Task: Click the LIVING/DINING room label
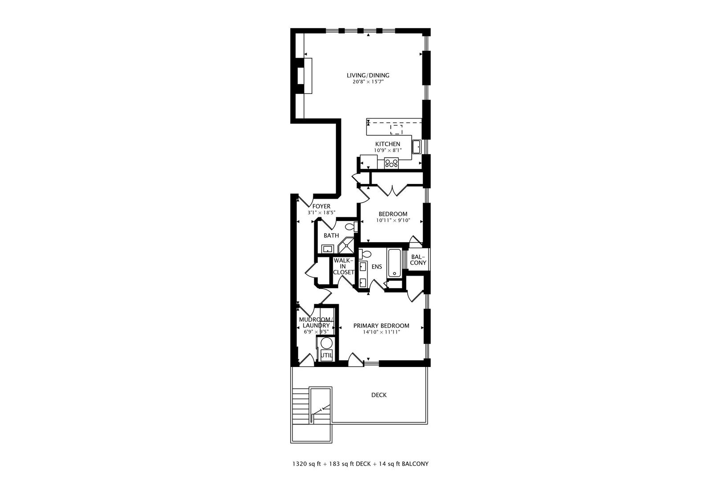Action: click(368, 75)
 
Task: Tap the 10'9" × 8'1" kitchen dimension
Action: click(387, 151)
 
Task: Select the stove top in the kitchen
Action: click(391, 163)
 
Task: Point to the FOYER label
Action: click(321, 206)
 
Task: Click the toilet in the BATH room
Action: click(351, 227)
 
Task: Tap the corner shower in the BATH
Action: click(346, 246)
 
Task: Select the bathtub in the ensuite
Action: click(394, 263)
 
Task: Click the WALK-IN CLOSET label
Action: click(343, 266)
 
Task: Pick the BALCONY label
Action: click(418, 260)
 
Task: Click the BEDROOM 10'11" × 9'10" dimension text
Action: click(393, 220)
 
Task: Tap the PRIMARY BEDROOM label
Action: click(381, 326)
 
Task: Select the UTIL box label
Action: click(326, 355)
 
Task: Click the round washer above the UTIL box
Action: click(327, 343)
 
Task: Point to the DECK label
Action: click(379, 395)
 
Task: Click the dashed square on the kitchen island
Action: click(396, 130)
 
